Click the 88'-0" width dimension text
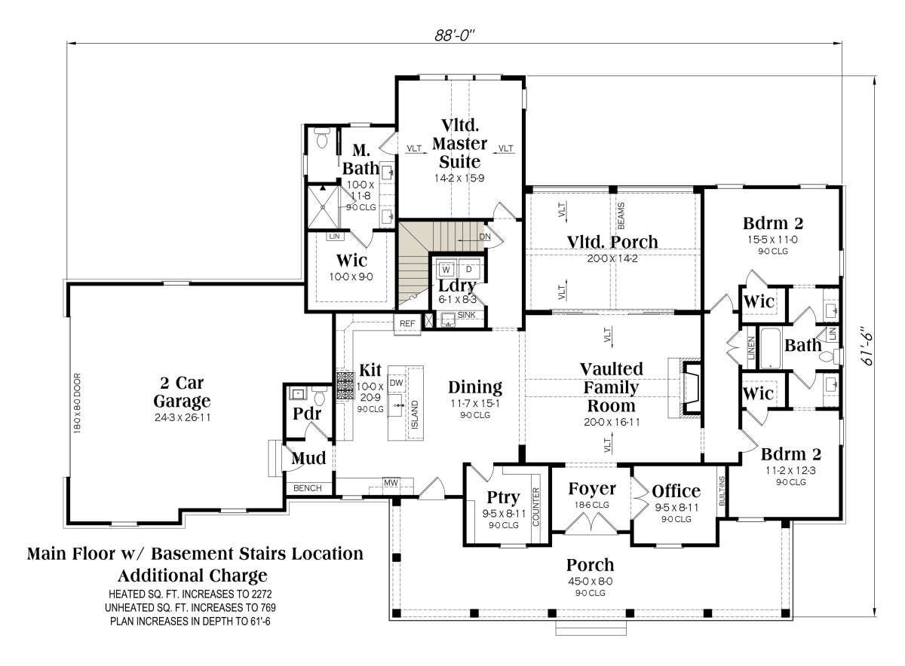pyautogui.click(x=454, y=35)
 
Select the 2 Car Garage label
pyautogui.click(x=182, y=392)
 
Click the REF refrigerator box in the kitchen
pyautogui.click(x=407, y=324)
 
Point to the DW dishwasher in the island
pyautogui.click(x=396, y=383)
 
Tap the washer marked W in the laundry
pyautogui.click(x=446, y=269)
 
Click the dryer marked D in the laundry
pyautogui.click(x=468, y=269)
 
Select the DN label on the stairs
pyautogui.click(x=484, y=237)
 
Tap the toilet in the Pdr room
pyautogui.click(x=320, y=396)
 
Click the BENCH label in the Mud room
pyautogui.click(x=308, y=488)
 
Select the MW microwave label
pyautogui.click(x=391, y=482)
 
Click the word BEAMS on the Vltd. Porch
pyautogui.click(x=621, y=215)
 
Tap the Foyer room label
pyautogui.click(x=592, y=489)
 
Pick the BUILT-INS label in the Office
pyautogui.click(x=722, y=491)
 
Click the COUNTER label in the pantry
pyautogui.click(x=536, y=507)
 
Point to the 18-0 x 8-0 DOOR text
pyautogui.click(x=78, y=404)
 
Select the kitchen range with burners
pyautogui.click(x=345, y=386)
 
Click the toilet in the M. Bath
pyautogui.click(x=323, y=139)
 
